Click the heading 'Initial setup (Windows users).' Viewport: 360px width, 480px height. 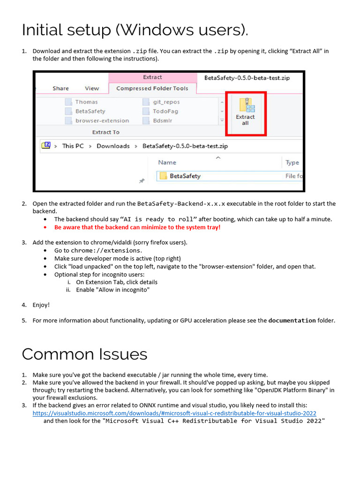[135, 30]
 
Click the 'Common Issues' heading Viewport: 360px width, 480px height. [84, 354]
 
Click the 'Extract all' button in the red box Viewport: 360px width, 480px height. [245, 113]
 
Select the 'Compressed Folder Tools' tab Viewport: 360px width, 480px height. [152, 88]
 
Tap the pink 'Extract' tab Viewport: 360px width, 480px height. [152, 77]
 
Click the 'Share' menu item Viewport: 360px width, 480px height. [60, 88]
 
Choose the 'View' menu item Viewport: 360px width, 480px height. [92, 88]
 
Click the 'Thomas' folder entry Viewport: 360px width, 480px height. [86, 102]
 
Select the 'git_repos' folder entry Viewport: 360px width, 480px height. [166, 102]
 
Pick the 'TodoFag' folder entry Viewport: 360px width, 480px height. [164, 111]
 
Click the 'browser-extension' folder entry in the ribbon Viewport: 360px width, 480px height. [102, 120]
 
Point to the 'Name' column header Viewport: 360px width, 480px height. [167, 162]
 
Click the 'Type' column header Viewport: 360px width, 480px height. [292, 162]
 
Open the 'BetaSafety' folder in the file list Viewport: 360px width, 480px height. [185, 176]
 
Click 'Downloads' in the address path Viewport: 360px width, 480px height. [113, 146]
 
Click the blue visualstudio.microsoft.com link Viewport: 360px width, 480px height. [174, 413]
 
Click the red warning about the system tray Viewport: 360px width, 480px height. [137, 227]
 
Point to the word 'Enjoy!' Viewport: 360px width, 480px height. [41, 305]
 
